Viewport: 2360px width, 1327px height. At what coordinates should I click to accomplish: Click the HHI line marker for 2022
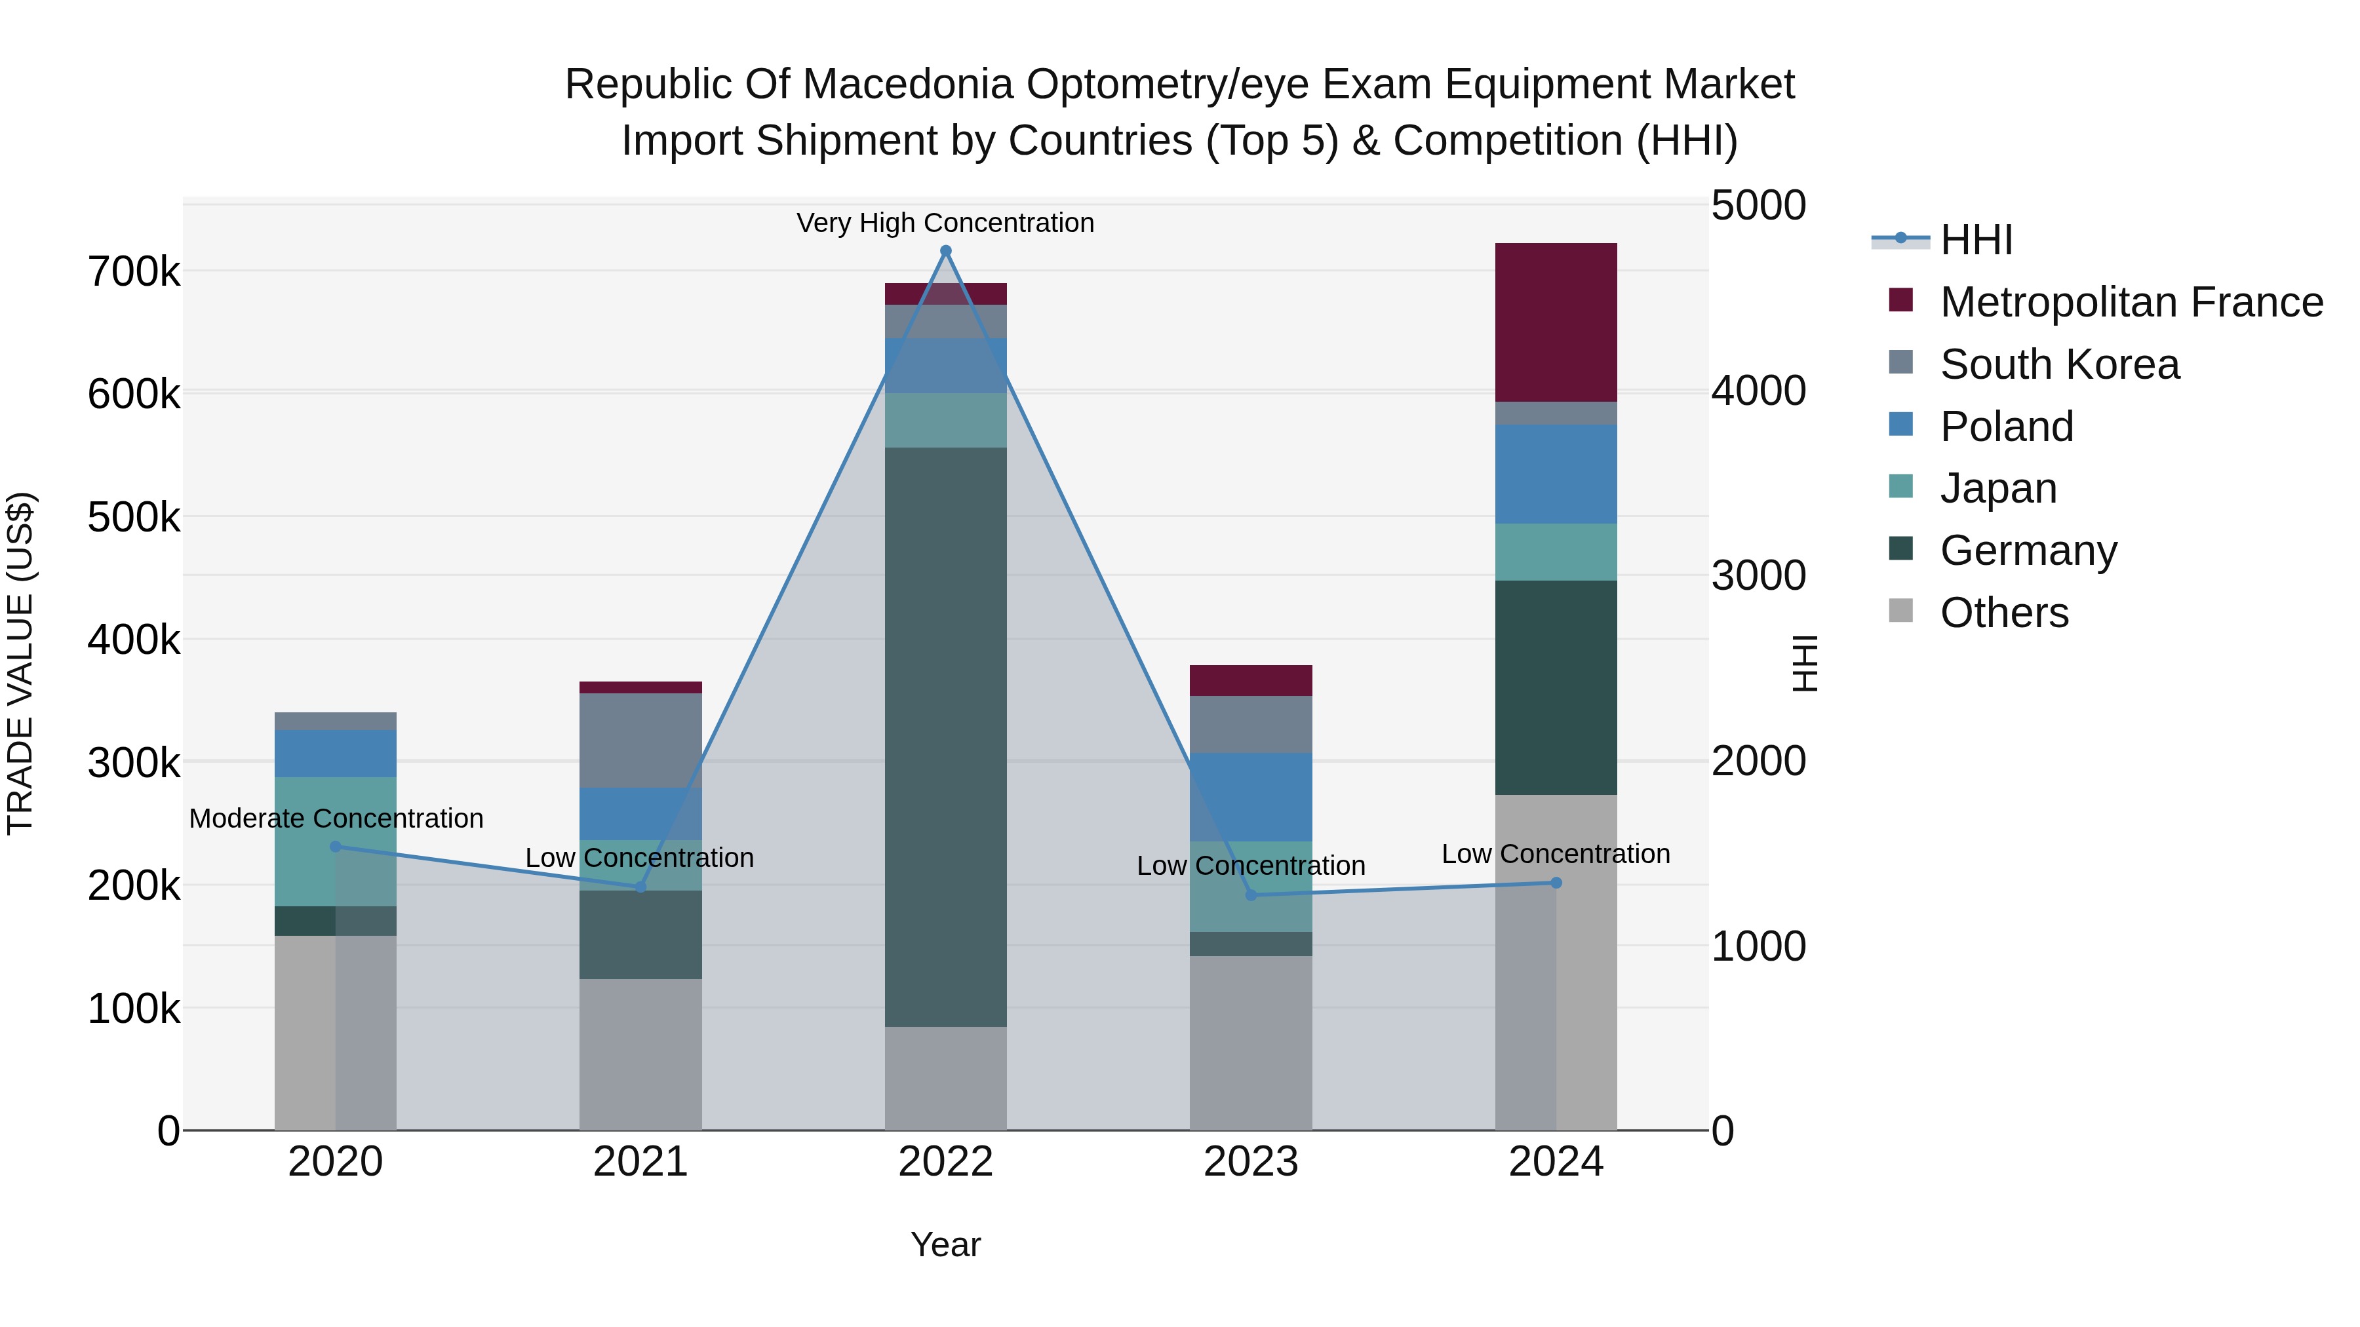(945, 251)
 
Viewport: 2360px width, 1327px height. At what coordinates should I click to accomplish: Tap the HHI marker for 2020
(335, 846)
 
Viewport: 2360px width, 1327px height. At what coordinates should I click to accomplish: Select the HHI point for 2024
(1556, 883)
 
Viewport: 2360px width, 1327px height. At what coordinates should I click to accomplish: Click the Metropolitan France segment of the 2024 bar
(1556, 322)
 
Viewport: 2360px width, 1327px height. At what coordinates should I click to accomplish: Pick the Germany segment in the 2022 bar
(945, 737)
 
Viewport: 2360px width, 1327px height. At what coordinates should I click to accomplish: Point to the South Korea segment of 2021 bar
(640, 740)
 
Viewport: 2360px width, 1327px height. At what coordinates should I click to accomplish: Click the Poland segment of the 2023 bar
(1251, 797)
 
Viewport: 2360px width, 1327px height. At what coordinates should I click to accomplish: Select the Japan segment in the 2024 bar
(1556, 552)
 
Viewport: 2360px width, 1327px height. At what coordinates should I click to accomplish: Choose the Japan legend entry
(1998, 488)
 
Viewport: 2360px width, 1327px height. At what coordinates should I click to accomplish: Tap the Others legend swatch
(1901, 611)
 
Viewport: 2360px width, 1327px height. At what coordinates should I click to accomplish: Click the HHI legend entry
(1976, 240)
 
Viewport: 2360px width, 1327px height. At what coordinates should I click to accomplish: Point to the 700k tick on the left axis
(134, 272)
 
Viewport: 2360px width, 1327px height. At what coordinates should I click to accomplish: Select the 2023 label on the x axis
(1251, 1162)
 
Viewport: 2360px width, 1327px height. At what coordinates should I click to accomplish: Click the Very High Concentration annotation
(945, 223)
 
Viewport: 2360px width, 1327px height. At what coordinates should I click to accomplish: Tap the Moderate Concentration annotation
(336, 818)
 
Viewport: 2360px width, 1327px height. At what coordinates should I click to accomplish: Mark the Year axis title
(945, 1244)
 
